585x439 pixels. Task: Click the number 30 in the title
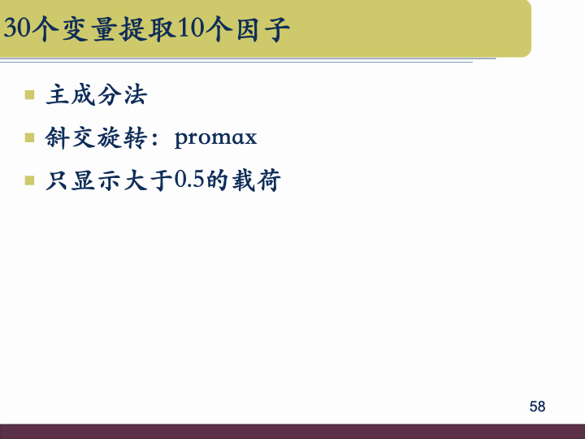tap(17, 29)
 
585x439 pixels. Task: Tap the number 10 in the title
tap(185, 29)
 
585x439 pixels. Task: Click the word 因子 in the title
tap(259, 29)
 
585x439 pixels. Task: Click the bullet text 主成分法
tap(97, 96)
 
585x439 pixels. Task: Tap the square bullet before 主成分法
tap(30, 95)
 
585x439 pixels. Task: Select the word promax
tap(215, 138)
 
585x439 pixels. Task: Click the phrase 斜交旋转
tap(96, 138)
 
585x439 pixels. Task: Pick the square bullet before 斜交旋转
tap(30, 137)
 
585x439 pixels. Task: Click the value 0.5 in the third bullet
tap(188, 180)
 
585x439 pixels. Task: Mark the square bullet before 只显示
tap(30, 180)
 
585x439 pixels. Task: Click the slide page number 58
tap(537, 406)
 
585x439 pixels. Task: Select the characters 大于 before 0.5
tap(149, 180)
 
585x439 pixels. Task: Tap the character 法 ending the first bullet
tap(135, 96)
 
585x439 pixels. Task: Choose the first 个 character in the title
tap(45, 29)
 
